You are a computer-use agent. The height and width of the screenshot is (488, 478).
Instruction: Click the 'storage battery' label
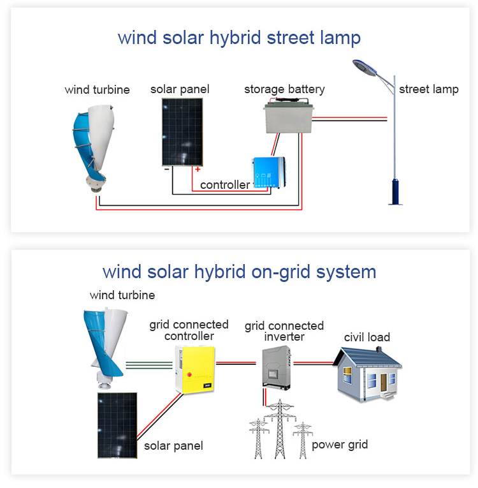tap(284, 89)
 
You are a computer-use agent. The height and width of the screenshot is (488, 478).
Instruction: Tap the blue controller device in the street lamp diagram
tap(268, 172)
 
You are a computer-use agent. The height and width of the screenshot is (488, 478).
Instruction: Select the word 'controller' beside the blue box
tap(225, 185)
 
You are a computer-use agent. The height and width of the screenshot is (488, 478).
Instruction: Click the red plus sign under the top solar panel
tap(198, 169)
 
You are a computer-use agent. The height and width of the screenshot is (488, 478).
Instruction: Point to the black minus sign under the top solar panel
tap(166, 169)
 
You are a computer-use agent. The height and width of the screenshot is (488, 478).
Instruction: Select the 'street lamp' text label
tap(428, 89)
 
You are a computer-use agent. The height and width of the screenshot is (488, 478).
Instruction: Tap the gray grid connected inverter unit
tap(277, 366)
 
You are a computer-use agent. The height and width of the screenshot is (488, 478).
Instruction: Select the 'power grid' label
tap(340, 445)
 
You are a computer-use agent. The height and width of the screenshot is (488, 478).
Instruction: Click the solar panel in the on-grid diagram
tap(117, 425)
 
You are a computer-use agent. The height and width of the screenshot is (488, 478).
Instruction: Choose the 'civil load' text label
tap(367, 337)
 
